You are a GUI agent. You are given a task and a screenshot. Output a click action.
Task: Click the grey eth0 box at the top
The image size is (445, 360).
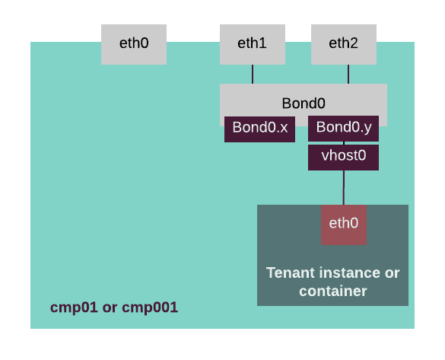click(x=134, y=45)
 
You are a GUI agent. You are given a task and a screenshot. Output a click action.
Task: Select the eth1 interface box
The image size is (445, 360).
click(x=253, y=45)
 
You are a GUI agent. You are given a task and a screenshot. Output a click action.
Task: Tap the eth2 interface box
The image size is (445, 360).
click(x=344, y=45)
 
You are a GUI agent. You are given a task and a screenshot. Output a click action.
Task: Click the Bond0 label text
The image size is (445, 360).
click(x=304, y=104)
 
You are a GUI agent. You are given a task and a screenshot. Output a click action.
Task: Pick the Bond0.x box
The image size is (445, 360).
click(x=259, y=129)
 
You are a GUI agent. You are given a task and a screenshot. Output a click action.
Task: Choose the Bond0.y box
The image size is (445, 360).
click(x=343, y=129)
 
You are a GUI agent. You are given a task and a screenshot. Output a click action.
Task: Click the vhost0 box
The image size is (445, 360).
click(x=343, y=158)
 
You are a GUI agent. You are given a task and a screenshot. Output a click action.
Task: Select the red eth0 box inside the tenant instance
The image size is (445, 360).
click(x=344, y=225)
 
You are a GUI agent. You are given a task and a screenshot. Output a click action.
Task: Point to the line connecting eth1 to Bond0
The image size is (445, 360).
click(x=253, y=74)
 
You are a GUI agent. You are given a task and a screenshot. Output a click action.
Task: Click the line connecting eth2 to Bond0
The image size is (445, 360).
click(x=348, y=74)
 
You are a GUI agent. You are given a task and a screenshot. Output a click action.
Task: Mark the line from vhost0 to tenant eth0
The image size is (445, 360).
click(x=344, y=188)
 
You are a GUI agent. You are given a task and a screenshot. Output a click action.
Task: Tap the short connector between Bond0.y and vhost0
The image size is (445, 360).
click(x=344, y=143)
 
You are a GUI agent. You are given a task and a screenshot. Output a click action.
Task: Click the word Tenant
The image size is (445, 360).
click(x=291, y=272)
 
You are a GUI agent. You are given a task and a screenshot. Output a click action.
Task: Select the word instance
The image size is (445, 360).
click(x=351, y=272)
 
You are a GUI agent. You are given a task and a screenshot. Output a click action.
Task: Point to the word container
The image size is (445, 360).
click(x=333, y=292)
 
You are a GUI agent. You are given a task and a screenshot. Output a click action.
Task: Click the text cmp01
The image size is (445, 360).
click(x=74, y=307)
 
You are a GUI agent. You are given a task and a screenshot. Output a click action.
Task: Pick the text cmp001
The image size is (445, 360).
click(x=150, y=307)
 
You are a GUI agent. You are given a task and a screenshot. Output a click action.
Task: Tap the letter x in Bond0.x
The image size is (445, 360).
click(x=284, y=128)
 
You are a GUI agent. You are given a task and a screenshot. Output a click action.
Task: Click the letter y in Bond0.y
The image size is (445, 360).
click(x=367, y=129)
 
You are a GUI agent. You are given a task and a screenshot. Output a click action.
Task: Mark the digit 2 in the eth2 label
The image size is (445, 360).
click(x=354, y=43)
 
